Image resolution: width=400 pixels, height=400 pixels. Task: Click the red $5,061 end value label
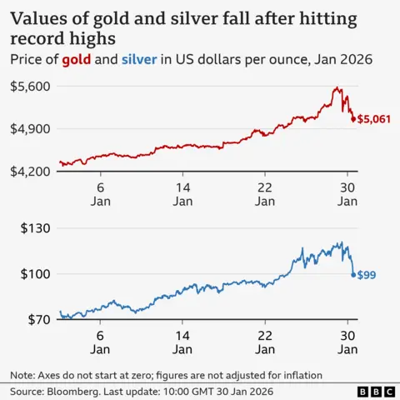pyautogui.click(x=373, y=120)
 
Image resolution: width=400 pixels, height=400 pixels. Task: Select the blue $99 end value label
pyautogui.click(x=367, y=275)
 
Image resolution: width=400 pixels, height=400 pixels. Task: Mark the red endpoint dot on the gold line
pyautogui.click(x=353, y=119)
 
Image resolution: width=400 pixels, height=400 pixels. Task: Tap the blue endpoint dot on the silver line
pyautogui.click(x=353, y=274)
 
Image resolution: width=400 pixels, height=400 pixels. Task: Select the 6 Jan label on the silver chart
pyautogui.click(x=100, y=342)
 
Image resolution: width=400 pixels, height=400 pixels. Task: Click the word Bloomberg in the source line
pyautogui.click(x=81, y=391)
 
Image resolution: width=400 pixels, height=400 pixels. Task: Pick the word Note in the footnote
pyautogui.click(x=22, y=374)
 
